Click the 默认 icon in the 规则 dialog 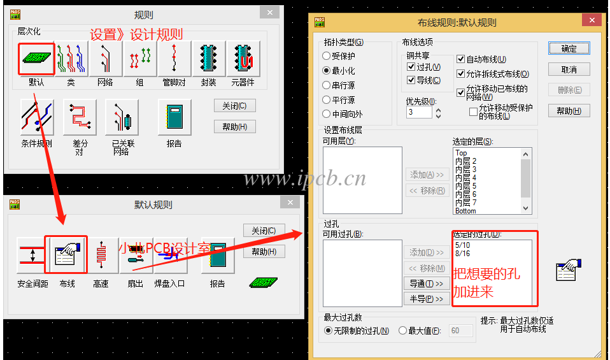pos(36,59)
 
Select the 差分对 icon pos(80,117)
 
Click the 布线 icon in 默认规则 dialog pos(66,256)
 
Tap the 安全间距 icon pos(32,256)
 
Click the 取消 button pos(569,69)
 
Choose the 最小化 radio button pos(327,71)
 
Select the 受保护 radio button pos(327,56)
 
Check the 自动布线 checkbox pos(461,59)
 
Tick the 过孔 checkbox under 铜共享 pos(411,67)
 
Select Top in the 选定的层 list pos(462,153)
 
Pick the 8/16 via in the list pos(463,253)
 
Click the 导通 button pos(425,284)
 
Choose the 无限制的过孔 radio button pos(329,331)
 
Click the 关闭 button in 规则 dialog pos(234,106)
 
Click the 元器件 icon pos(243,59)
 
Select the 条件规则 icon pos(37,117)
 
